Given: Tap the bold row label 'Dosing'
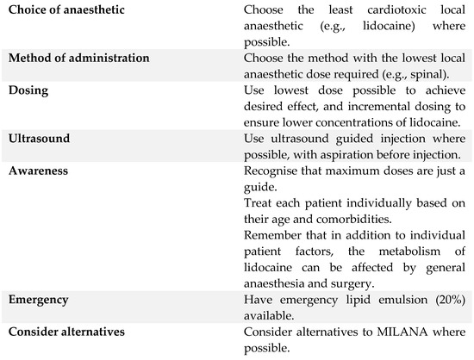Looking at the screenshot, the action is point(28,90).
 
